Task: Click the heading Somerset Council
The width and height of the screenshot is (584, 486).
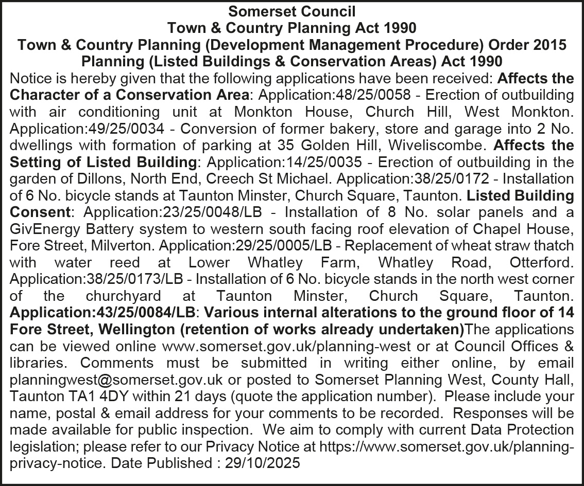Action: pos(292,10)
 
